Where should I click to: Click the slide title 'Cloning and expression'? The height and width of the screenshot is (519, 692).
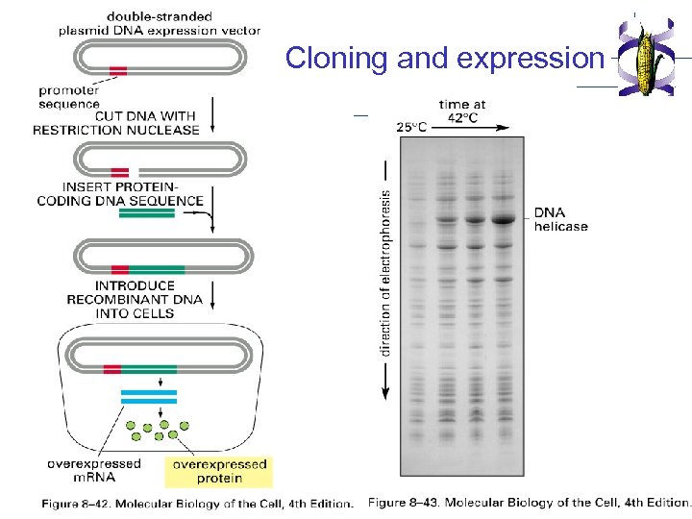pyautogui.click(x=443, y=59)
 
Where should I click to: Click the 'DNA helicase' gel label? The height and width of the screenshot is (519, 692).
pyautogui.click(x=560, y=219)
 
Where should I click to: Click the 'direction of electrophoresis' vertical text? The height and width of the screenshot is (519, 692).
pyautogui.click(x=385, y=271)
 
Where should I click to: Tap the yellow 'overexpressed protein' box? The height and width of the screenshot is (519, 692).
pyautogui.click(x=219, y=471)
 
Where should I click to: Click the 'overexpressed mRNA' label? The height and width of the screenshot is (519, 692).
pyautogui.click(x=93, y=471)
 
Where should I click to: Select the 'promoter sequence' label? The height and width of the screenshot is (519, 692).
pyautogui.click(x=69, y=97)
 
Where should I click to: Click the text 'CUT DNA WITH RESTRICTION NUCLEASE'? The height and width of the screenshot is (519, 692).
pyautogui.click(x=116, y=123)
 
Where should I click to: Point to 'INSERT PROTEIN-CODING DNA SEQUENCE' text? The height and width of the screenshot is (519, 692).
pyautogui.click(x=120, y=194)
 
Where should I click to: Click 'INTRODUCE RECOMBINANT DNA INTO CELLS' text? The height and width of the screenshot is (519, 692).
pyautogui.click(x=135, y=299)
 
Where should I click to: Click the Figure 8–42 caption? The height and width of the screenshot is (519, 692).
pyautogui.click(x=197, y=504)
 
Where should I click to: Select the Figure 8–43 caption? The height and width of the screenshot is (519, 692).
pyautogui.click(x=529, y=503)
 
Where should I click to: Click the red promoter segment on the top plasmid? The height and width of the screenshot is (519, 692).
pyautogui.click(x=118, y=70)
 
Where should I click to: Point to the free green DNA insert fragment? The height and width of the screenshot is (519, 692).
pyautogui.click(x=147, y=215)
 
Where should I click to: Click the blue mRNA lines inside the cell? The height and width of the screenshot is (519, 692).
pyautogui.click(x=149, y=396)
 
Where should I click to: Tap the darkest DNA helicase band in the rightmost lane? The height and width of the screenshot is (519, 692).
pyautogui.click(x=504, y=219)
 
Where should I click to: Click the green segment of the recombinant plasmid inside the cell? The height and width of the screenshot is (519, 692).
pyautogui.click(x=149, y=369)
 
